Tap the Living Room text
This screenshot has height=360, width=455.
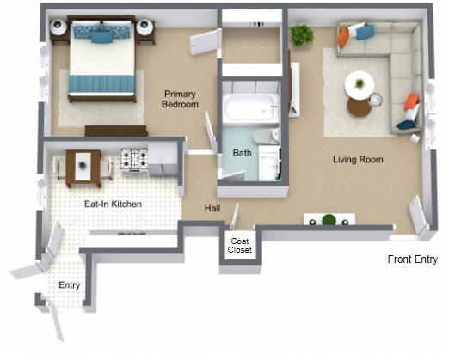[358, 160]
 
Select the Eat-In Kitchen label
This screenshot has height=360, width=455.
[113, 204]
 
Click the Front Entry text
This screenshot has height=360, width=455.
[413, 259]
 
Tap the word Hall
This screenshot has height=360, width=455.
[213, 209]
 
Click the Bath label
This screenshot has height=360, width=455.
[242, 153]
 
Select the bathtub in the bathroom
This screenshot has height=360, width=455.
[249, 109]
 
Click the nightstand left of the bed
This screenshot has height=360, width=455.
[58, 27]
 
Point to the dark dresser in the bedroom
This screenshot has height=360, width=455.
[115, 131]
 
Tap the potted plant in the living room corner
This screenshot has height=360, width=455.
[302, 35]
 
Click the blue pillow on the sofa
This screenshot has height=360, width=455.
[365, 32]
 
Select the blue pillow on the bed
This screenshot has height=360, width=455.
[101, 36]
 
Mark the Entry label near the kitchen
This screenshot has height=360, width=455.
[69, 285]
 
